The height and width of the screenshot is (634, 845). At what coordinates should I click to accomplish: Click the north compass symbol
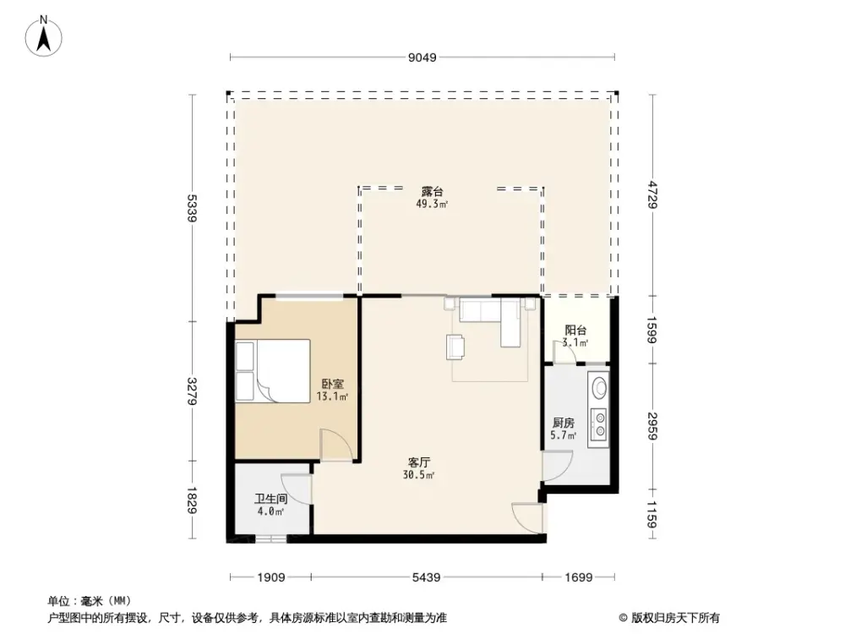click(x=43, y=35)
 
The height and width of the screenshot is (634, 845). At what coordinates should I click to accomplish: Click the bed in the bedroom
click(x=272, y=370)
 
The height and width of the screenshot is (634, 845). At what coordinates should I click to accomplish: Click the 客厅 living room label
click(x=419, y=462)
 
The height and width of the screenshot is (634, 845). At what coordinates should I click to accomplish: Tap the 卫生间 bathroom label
click(x=270, y=499)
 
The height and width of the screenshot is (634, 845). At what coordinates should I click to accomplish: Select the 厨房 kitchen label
click(x=564, y=424)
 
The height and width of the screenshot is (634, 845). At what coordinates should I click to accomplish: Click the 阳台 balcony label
click(x=575, y=331)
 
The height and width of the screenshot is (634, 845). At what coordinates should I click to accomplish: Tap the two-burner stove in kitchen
click(x=599, y=424)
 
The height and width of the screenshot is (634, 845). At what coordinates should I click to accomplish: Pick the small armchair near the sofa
click(x=456, y=346)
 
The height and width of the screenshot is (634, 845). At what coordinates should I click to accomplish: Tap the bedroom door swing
click(x=331, y=445)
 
